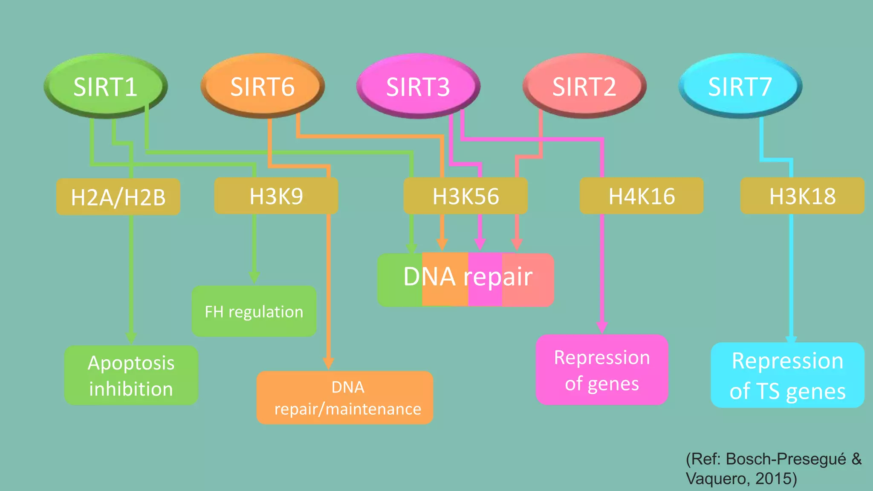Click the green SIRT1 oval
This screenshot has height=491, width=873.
click(105, 86)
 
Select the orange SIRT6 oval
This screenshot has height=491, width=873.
click(262, 86)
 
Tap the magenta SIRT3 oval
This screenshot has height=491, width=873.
click(418, 86)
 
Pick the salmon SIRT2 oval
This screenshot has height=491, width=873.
click(584, 86)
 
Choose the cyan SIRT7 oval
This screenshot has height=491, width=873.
click(740, 86)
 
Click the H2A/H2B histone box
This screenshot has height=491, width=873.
click(118, 197)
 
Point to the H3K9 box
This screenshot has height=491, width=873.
click(276, 196)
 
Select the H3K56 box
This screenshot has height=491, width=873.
click(465, 196)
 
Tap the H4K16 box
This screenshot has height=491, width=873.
click(641, 196)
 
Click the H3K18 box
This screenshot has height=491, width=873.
click(802, 196)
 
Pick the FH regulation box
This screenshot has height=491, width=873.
click(254, 312)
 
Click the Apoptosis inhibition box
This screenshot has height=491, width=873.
click(131, 375)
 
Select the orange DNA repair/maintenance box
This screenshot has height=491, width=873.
click(344, 398)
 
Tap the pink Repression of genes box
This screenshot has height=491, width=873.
click(601, 370)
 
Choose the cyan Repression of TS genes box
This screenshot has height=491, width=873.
click(787, 375)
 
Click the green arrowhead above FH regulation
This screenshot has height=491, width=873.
click(254, 277)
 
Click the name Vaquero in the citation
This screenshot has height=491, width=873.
click(716, 479)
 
